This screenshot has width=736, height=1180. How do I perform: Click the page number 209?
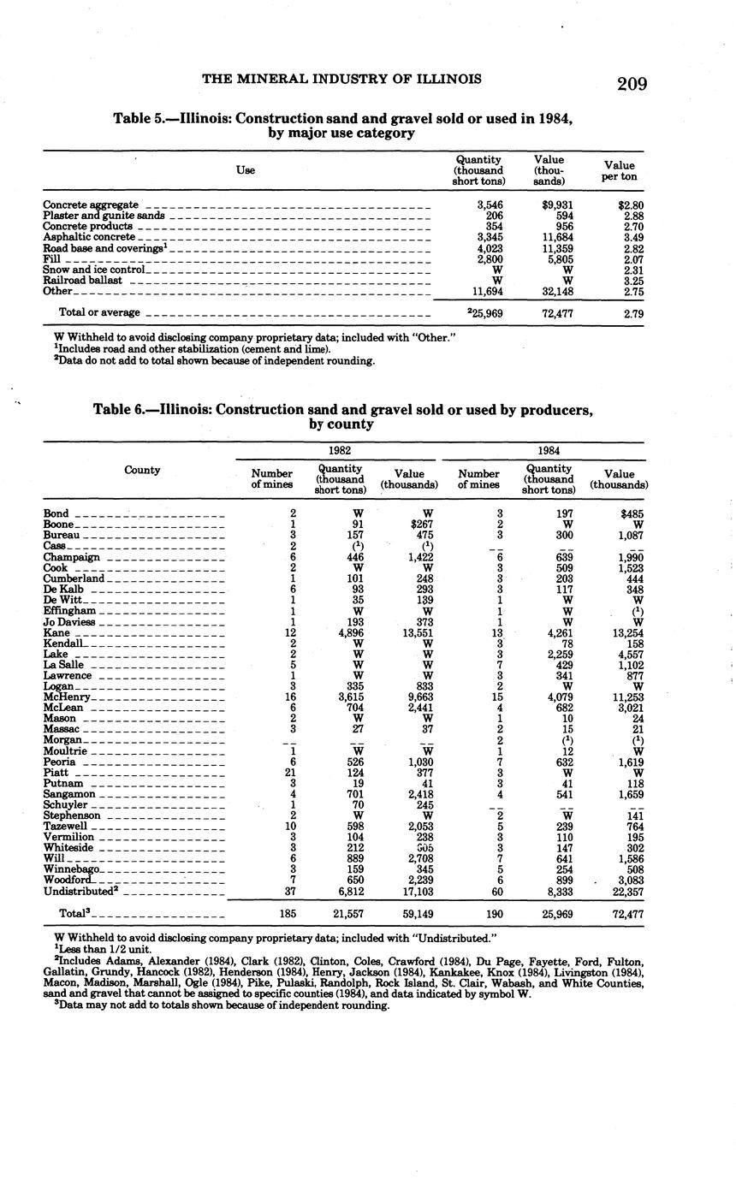coord(631,84)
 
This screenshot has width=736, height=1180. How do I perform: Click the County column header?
coord(142,471)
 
